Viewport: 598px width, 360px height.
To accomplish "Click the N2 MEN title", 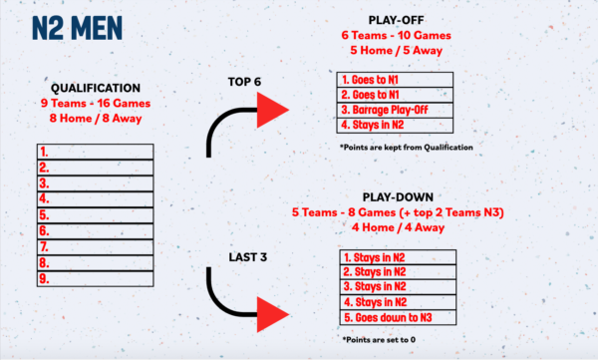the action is coord(77,28).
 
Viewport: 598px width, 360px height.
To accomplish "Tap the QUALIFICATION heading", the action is coord(96,88).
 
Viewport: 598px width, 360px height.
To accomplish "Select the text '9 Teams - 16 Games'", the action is coord(96,103).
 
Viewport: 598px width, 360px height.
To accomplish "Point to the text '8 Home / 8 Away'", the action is coord(96,119).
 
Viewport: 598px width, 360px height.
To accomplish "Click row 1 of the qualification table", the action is coord(96,152).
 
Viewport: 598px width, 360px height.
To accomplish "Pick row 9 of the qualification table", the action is coord(96,278).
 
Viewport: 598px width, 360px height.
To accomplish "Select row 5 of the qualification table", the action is coord(96,215).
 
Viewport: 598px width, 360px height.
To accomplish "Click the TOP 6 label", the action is coord(244,82).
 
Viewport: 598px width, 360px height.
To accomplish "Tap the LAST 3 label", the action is coord(248,257).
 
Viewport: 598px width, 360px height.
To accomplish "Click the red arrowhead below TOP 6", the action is coord(270,110).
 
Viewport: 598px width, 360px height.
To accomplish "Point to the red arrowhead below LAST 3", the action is coord(270,314).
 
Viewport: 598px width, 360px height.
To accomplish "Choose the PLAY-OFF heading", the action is coord(397,20).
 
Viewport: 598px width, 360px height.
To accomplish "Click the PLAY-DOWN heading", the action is coord(398,197).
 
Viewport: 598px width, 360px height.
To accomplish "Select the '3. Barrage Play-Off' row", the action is coord(395,110).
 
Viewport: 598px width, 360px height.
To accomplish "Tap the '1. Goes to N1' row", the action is coord(395,80).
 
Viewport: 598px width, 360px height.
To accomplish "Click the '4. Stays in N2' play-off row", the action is coord(395,126).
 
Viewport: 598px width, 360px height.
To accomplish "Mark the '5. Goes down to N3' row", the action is coord(398,318).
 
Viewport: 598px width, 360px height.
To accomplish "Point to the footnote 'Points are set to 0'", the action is coord(379,339).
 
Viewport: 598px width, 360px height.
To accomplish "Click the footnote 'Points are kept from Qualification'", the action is coord(407,148).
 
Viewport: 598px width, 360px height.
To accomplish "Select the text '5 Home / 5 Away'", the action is coord(397,51).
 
